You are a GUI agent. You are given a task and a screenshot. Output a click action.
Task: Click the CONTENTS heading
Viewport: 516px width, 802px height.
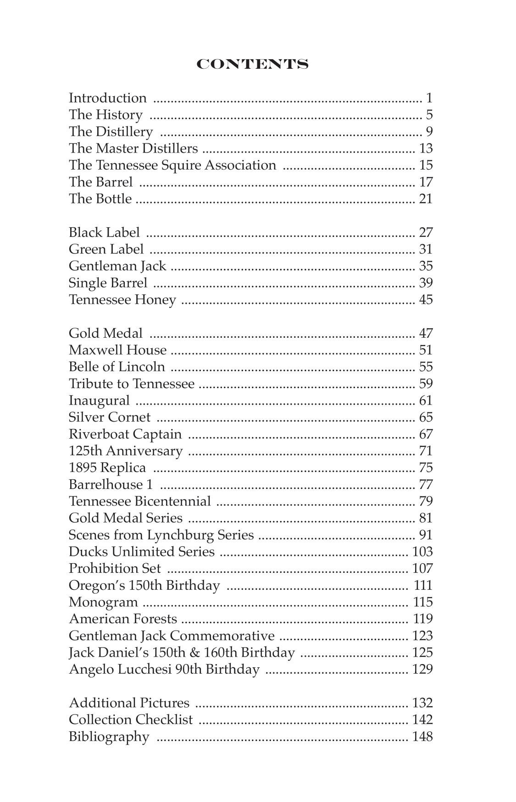click(252, 65)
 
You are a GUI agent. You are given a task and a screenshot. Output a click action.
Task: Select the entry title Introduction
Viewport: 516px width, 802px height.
click(108, 98)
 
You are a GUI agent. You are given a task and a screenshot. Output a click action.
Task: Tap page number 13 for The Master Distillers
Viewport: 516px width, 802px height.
click(426, 148)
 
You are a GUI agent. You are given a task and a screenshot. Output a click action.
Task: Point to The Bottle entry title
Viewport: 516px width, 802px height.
click(100, 199)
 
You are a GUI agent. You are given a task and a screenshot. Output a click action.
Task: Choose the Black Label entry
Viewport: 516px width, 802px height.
click(104, 233)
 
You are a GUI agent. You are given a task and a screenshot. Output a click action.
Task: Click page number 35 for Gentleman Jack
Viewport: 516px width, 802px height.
click(426, 266)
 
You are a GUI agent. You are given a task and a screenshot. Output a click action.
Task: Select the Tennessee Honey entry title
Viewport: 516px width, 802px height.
click(122, 300)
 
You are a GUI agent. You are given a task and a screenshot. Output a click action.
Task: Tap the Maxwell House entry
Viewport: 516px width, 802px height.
click(117, 350)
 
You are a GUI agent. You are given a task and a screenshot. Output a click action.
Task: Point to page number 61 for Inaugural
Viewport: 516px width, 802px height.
click(426, 401)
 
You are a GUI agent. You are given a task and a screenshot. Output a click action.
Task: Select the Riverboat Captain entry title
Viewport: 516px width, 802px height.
click(125, 434)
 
